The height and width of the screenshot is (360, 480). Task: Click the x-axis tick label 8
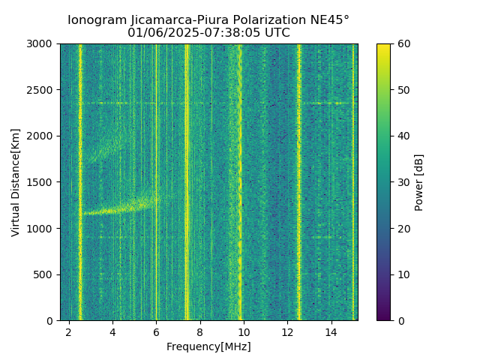[200, 332]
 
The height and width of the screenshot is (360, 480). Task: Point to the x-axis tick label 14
[331, 332]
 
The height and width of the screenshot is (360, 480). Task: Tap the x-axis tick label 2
[69, 332]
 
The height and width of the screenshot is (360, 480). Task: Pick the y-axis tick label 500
[45, 274]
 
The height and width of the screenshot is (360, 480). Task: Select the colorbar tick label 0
[398, 320]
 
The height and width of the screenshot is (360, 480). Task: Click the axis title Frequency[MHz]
[208, 346]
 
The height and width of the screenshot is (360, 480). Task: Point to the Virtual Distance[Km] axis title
[16, 182]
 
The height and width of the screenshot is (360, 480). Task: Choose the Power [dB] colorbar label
[419, 182]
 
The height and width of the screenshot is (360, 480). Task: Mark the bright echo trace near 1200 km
[120, 209]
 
